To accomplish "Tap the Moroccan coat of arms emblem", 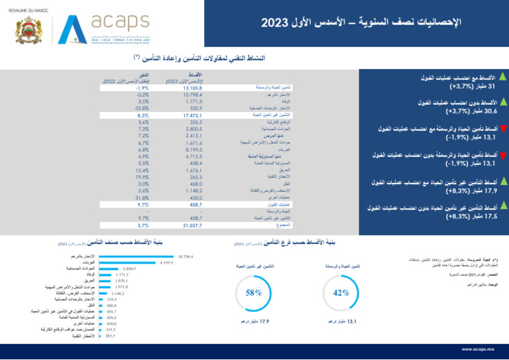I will point(29,30).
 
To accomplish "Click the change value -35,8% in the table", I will point(141,107).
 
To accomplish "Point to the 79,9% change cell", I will point(141,177).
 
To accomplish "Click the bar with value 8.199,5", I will point(126,262).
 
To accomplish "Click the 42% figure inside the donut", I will point(341,293).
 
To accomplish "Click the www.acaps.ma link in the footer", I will point(479,348).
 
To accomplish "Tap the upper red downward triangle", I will point(502,127).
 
